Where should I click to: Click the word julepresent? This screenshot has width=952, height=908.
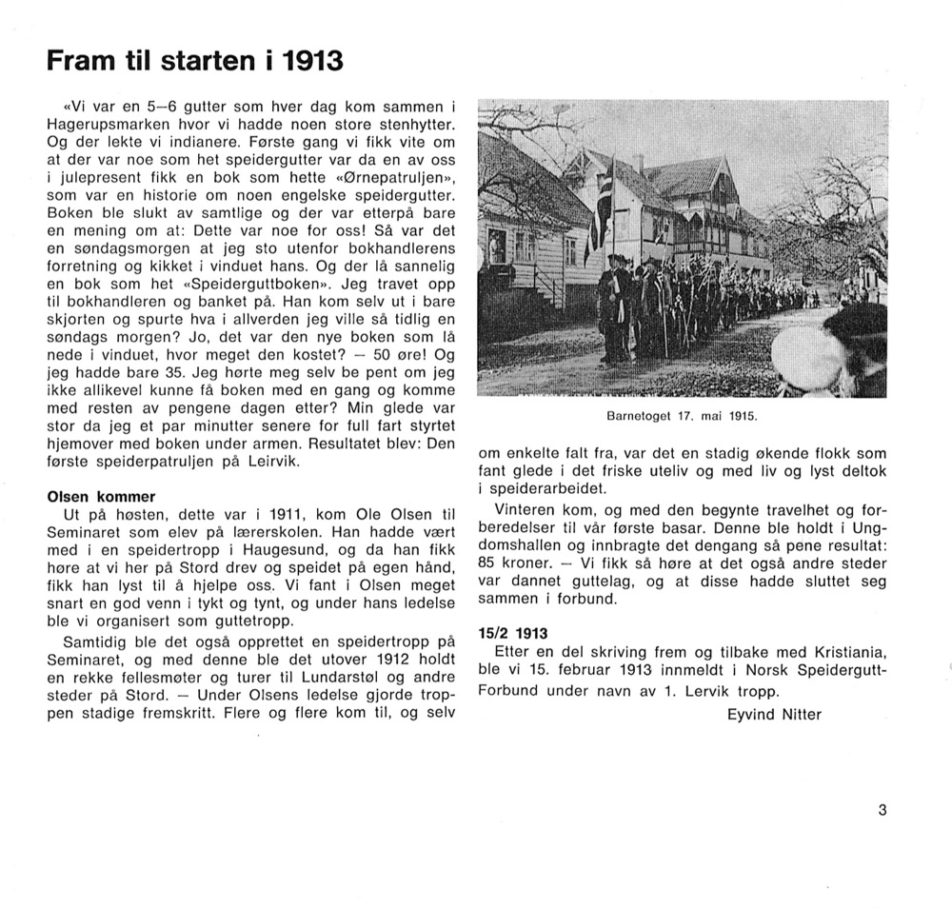coord(96,177)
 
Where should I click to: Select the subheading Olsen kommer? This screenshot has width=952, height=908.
coord(101,497)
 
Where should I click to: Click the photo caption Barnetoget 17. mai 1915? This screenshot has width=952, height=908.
coord(683,416)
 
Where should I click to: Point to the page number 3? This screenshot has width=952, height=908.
coord(883,811)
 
